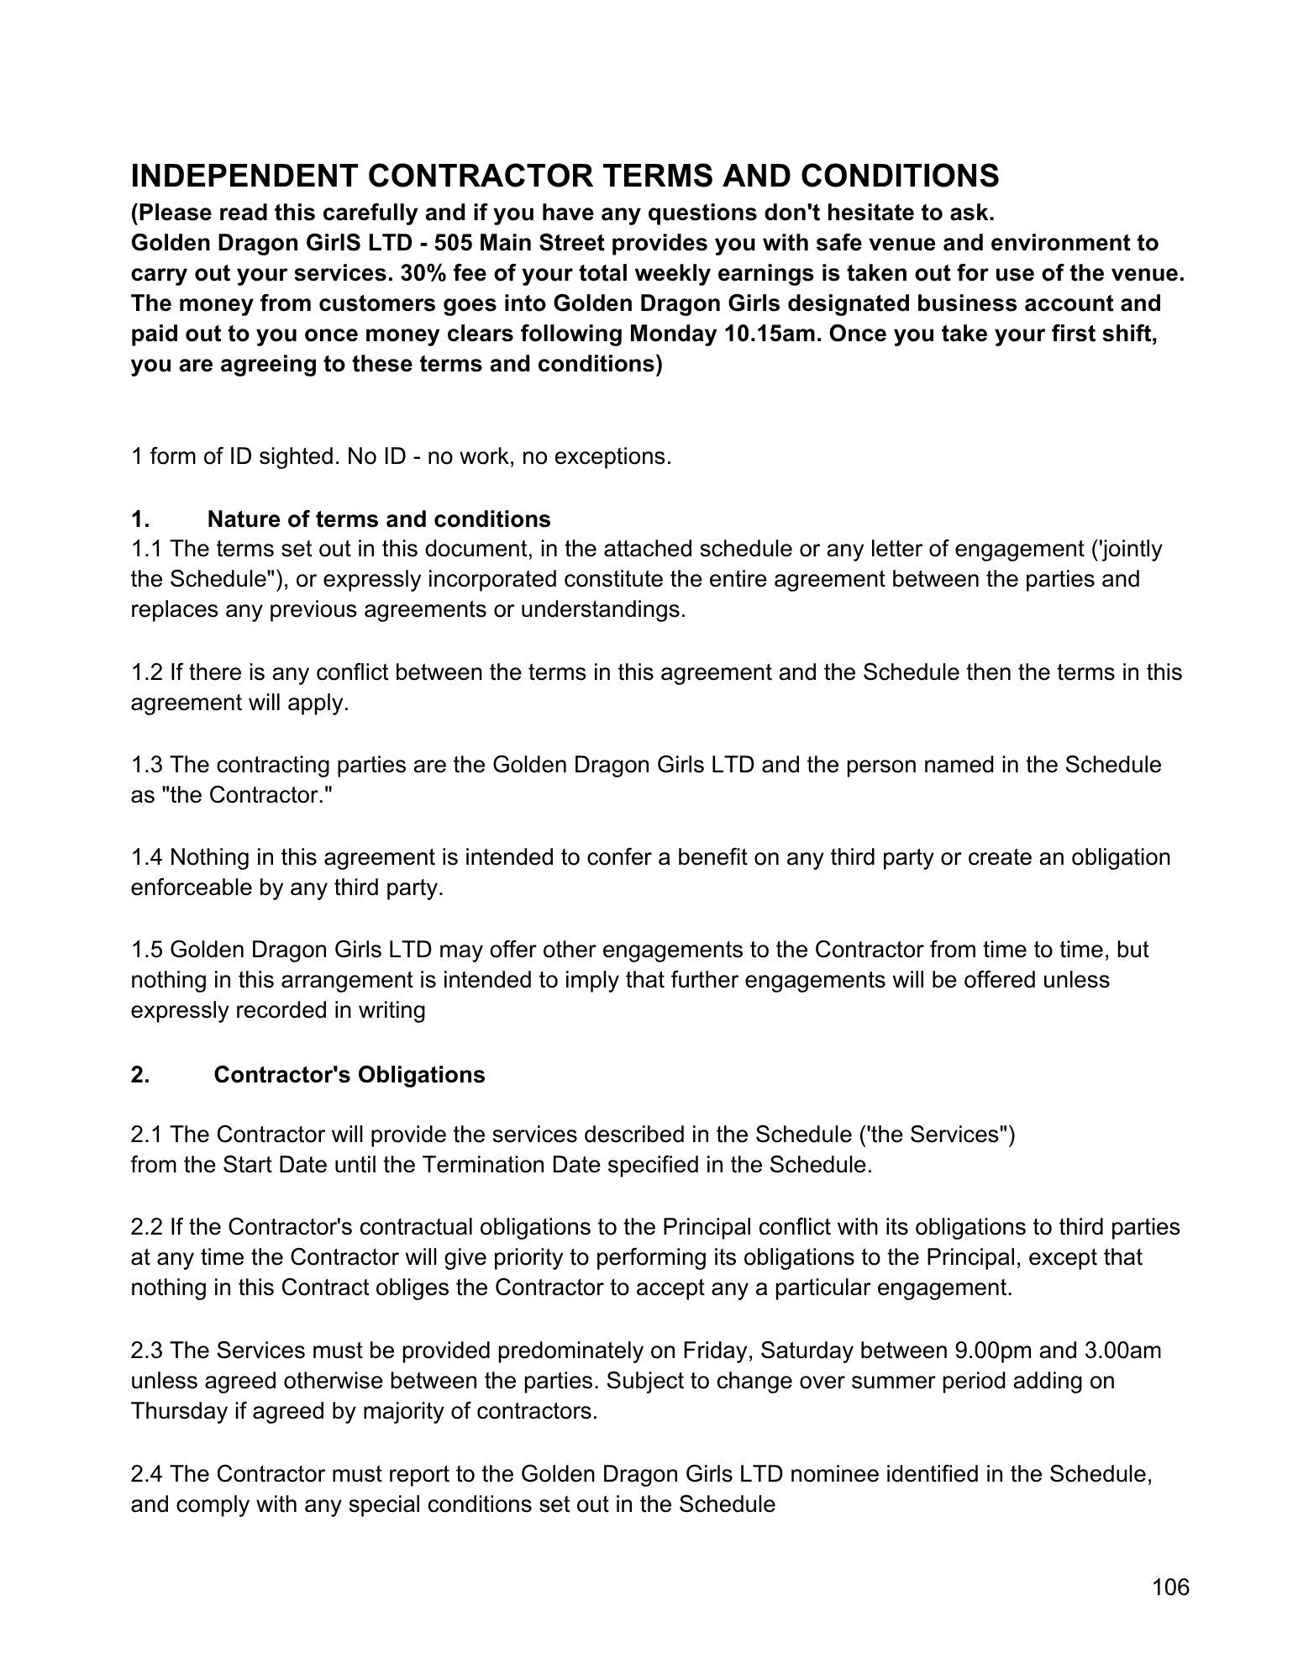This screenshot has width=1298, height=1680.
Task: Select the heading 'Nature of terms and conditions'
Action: pyautogui.click(x=379, y=519)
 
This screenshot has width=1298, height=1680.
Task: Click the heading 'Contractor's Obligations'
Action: pyautogui.click(x=349, y=1075)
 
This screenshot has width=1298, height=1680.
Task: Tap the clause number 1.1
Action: pyautogui.click(x=147, y=549)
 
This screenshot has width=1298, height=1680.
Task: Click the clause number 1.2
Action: pyautogui.click(x=147, y=672)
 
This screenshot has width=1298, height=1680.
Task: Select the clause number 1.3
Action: pyautogui.click(x=147, y=765)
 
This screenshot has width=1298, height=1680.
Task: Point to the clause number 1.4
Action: pyautogui.click(x=147, y=857)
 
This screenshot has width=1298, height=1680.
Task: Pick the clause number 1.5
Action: pyautogui.click(x=147, y=950)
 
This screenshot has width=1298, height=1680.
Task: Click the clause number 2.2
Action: pyautogui.click(x=147, y=1227)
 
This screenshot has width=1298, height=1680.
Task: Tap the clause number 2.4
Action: pyautogui.click(x=147, y=1474)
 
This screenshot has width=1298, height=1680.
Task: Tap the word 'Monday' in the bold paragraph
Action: pyautogui.click(x=673, y=334)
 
